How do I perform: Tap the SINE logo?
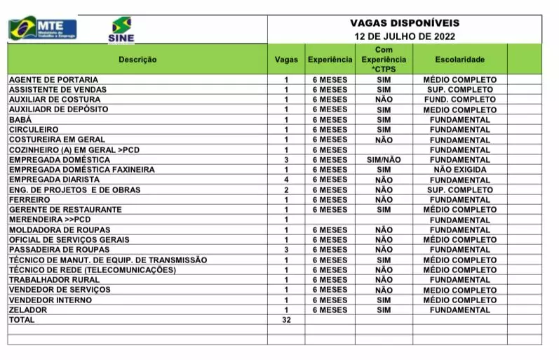[121, 30]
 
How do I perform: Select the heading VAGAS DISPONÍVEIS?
[405, 22]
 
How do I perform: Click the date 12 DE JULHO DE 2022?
[405, 36]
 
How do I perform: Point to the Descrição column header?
[137, 60]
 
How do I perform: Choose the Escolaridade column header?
[459, 60]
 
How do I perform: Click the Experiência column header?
[330, 60]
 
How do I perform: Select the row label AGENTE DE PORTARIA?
[53, 80]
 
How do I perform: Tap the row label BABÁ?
[20, 120]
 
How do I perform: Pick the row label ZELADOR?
[28, 309]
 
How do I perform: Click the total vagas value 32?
[286, 320]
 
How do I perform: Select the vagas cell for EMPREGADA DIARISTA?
[286, 180]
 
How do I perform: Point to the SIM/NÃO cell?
[384, 160]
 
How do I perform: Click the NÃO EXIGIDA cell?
[459, 170]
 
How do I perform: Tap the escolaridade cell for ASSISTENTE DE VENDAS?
[459, 90]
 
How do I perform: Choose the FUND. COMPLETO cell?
[459, 100]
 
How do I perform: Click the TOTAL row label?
[21, 320]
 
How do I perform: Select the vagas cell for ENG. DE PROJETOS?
[286, 189]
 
